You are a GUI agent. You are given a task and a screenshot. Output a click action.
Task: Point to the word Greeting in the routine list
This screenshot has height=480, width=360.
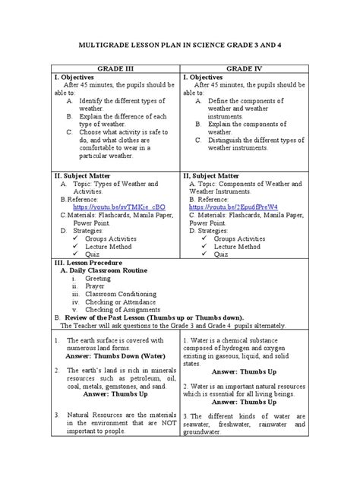click(98, 278)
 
